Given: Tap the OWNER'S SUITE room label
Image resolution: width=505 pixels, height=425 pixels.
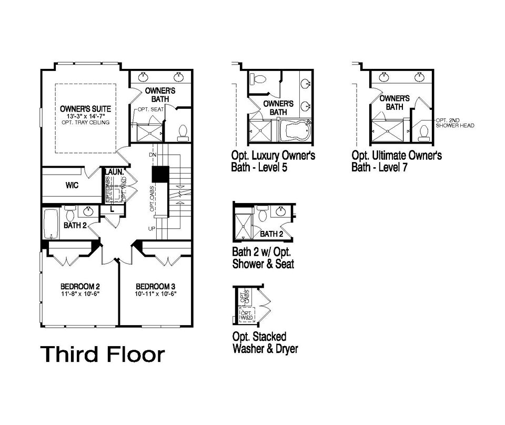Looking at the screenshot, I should pyautogui.click(x=85, y=109).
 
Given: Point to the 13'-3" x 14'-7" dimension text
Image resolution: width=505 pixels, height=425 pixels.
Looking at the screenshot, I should pyautogui.click(x=85, y=116).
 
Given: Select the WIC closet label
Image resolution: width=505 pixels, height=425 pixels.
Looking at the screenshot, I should pyautogui.click(x=72, y=185).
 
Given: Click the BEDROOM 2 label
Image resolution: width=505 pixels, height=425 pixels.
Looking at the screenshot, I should pyautogui.click(x=80, y=287).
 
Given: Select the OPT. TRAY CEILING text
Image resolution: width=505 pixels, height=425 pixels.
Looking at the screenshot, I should pyautogui.click(x=85, y=123).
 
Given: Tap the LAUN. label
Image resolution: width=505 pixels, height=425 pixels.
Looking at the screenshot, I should pyautogui.click(x=114, y=171).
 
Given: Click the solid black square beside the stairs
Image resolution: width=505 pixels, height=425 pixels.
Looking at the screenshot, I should pyautogui.click(x=159, y=174).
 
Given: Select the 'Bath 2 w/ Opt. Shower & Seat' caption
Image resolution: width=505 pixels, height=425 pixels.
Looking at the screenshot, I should pyautogui.click(x=263, y=258).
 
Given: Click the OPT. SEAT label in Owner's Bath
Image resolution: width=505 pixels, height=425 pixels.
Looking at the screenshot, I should pyautogui.click(x=149, y=109).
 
